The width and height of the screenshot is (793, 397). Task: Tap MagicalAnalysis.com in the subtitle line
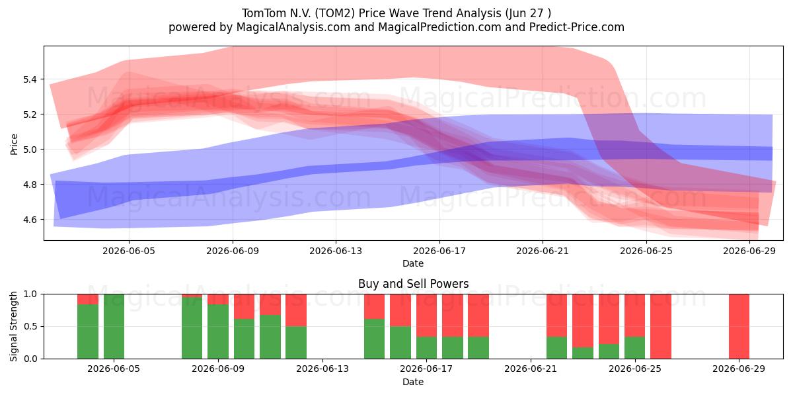coord(293,27)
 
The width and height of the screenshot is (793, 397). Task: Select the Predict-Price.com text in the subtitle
coord(577,27)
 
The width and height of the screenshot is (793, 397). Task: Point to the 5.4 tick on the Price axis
coord(30,79)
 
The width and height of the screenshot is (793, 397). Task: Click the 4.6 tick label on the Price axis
coord(30,220)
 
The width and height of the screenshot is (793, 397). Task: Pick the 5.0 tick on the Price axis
coord(30,150)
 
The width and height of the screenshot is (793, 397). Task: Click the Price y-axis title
coord(14,144)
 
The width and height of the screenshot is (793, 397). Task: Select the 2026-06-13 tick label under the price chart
coord(336,251)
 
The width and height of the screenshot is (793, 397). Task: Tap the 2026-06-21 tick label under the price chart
coord(543,251)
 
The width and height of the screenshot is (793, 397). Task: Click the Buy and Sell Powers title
coord(413,284)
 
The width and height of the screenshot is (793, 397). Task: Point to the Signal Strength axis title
coord(13,326)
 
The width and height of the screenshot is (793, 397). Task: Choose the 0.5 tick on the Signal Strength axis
coord(30,326)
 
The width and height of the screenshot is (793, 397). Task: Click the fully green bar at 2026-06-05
coord(114,326)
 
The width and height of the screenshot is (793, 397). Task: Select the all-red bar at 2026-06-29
coord(739,326)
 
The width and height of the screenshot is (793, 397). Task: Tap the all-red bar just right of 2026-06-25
coord(661,326)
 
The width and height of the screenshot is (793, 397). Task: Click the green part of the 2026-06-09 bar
coord(218,331)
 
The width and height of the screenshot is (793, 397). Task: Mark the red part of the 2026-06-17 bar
coord(427,315)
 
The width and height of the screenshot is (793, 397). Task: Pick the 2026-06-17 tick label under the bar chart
coord(426,369)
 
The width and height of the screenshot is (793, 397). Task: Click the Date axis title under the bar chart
coord(413,382)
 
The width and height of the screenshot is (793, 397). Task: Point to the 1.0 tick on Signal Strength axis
coord(30,294)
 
